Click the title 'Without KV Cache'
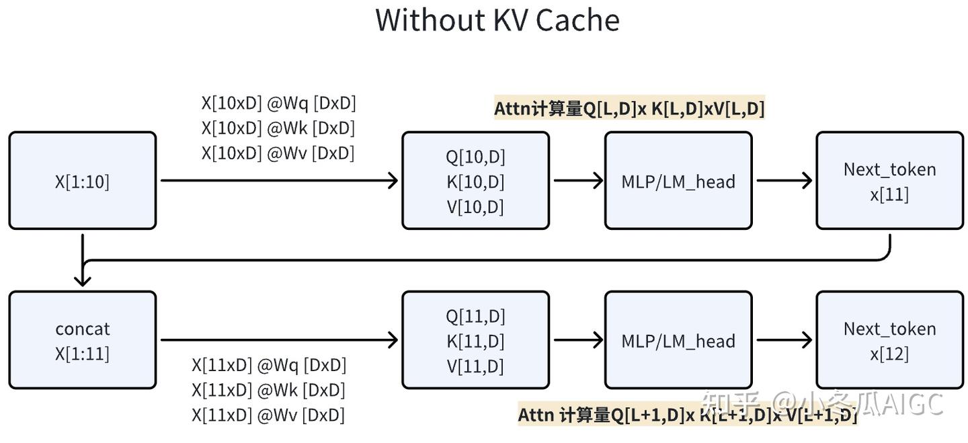497,20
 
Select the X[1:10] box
82,181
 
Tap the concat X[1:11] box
82,340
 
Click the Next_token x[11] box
889,181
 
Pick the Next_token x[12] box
889,340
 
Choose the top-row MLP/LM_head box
678,181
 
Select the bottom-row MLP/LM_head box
678,340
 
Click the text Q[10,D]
475,157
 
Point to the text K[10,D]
475,182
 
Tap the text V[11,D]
475,366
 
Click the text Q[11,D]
475,316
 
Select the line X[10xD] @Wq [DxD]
278,103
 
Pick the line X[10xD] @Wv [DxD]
278,153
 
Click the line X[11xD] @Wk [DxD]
268,390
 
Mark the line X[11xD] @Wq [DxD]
269,365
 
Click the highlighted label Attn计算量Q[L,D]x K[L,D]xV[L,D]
629,108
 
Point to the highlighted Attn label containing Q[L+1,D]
687,415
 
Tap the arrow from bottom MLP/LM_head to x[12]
784,340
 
